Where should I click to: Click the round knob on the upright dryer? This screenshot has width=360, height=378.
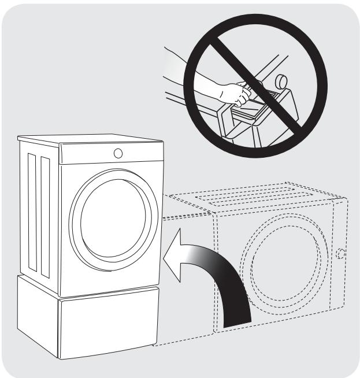click(x=118, y=153)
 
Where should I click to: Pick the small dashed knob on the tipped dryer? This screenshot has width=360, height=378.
click(x=341, y=253)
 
